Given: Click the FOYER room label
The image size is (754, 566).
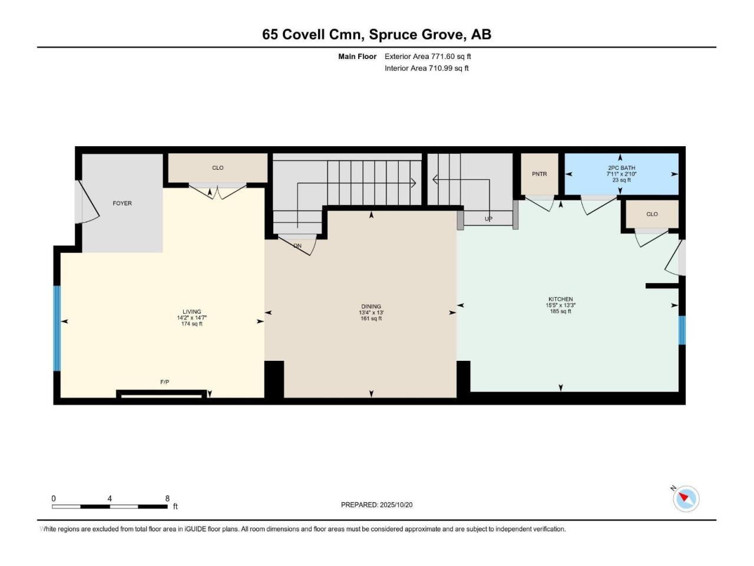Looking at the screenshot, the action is (122, 203).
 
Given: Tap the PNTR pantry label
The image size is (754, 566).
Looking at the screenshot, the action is (539, 174).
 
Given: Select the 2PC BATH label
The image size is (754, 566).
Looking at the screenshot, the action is (621, 167).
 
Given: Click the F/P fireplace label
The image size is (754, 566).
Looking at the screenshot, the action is (164, 382).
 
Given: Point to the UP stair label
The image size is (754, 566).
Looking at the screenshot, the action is (488, 219).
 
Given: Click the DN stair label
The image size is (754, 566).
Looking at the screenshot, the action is (297, 246).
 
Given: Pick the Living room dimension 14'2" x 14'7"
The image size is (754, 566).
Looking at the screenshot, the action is (191, 318).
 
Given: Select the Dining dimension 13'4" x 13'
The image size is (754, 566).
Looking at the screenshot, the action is (371, 312).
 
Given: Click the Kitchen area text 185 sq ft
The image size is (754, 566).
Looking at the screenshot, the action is (560, 311).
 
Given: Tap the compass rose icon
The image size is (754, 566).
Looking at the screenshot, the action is (686, 499).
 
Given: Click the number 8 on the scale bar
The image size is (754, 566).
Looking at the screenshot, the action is (167, 498).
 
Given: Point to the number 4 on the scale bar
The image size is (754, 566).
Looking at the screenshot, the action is (110, 498).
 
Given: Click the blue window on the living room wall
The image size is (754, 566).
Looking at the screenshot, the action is (57, 328).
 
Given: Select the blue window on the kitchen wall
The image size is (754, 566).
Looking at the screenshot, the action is (682, 330).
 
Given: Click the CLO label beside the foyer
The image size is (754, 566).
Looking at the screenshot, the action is (217, 167).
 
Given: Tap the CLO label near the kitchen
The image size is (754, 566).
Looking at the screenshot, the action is (652, 214).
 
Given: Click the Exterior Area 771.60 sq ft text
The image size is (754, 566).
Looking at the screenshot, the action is (428, 57).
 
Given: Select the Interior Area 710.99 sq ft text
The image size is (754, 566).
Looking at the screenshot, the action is (426, 68).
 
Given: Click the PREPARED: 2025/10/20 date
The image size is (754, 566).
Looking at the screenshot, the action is (376, 505).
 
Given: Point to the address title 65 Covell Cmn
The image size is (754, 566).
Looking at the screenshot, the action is (313, 35).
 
